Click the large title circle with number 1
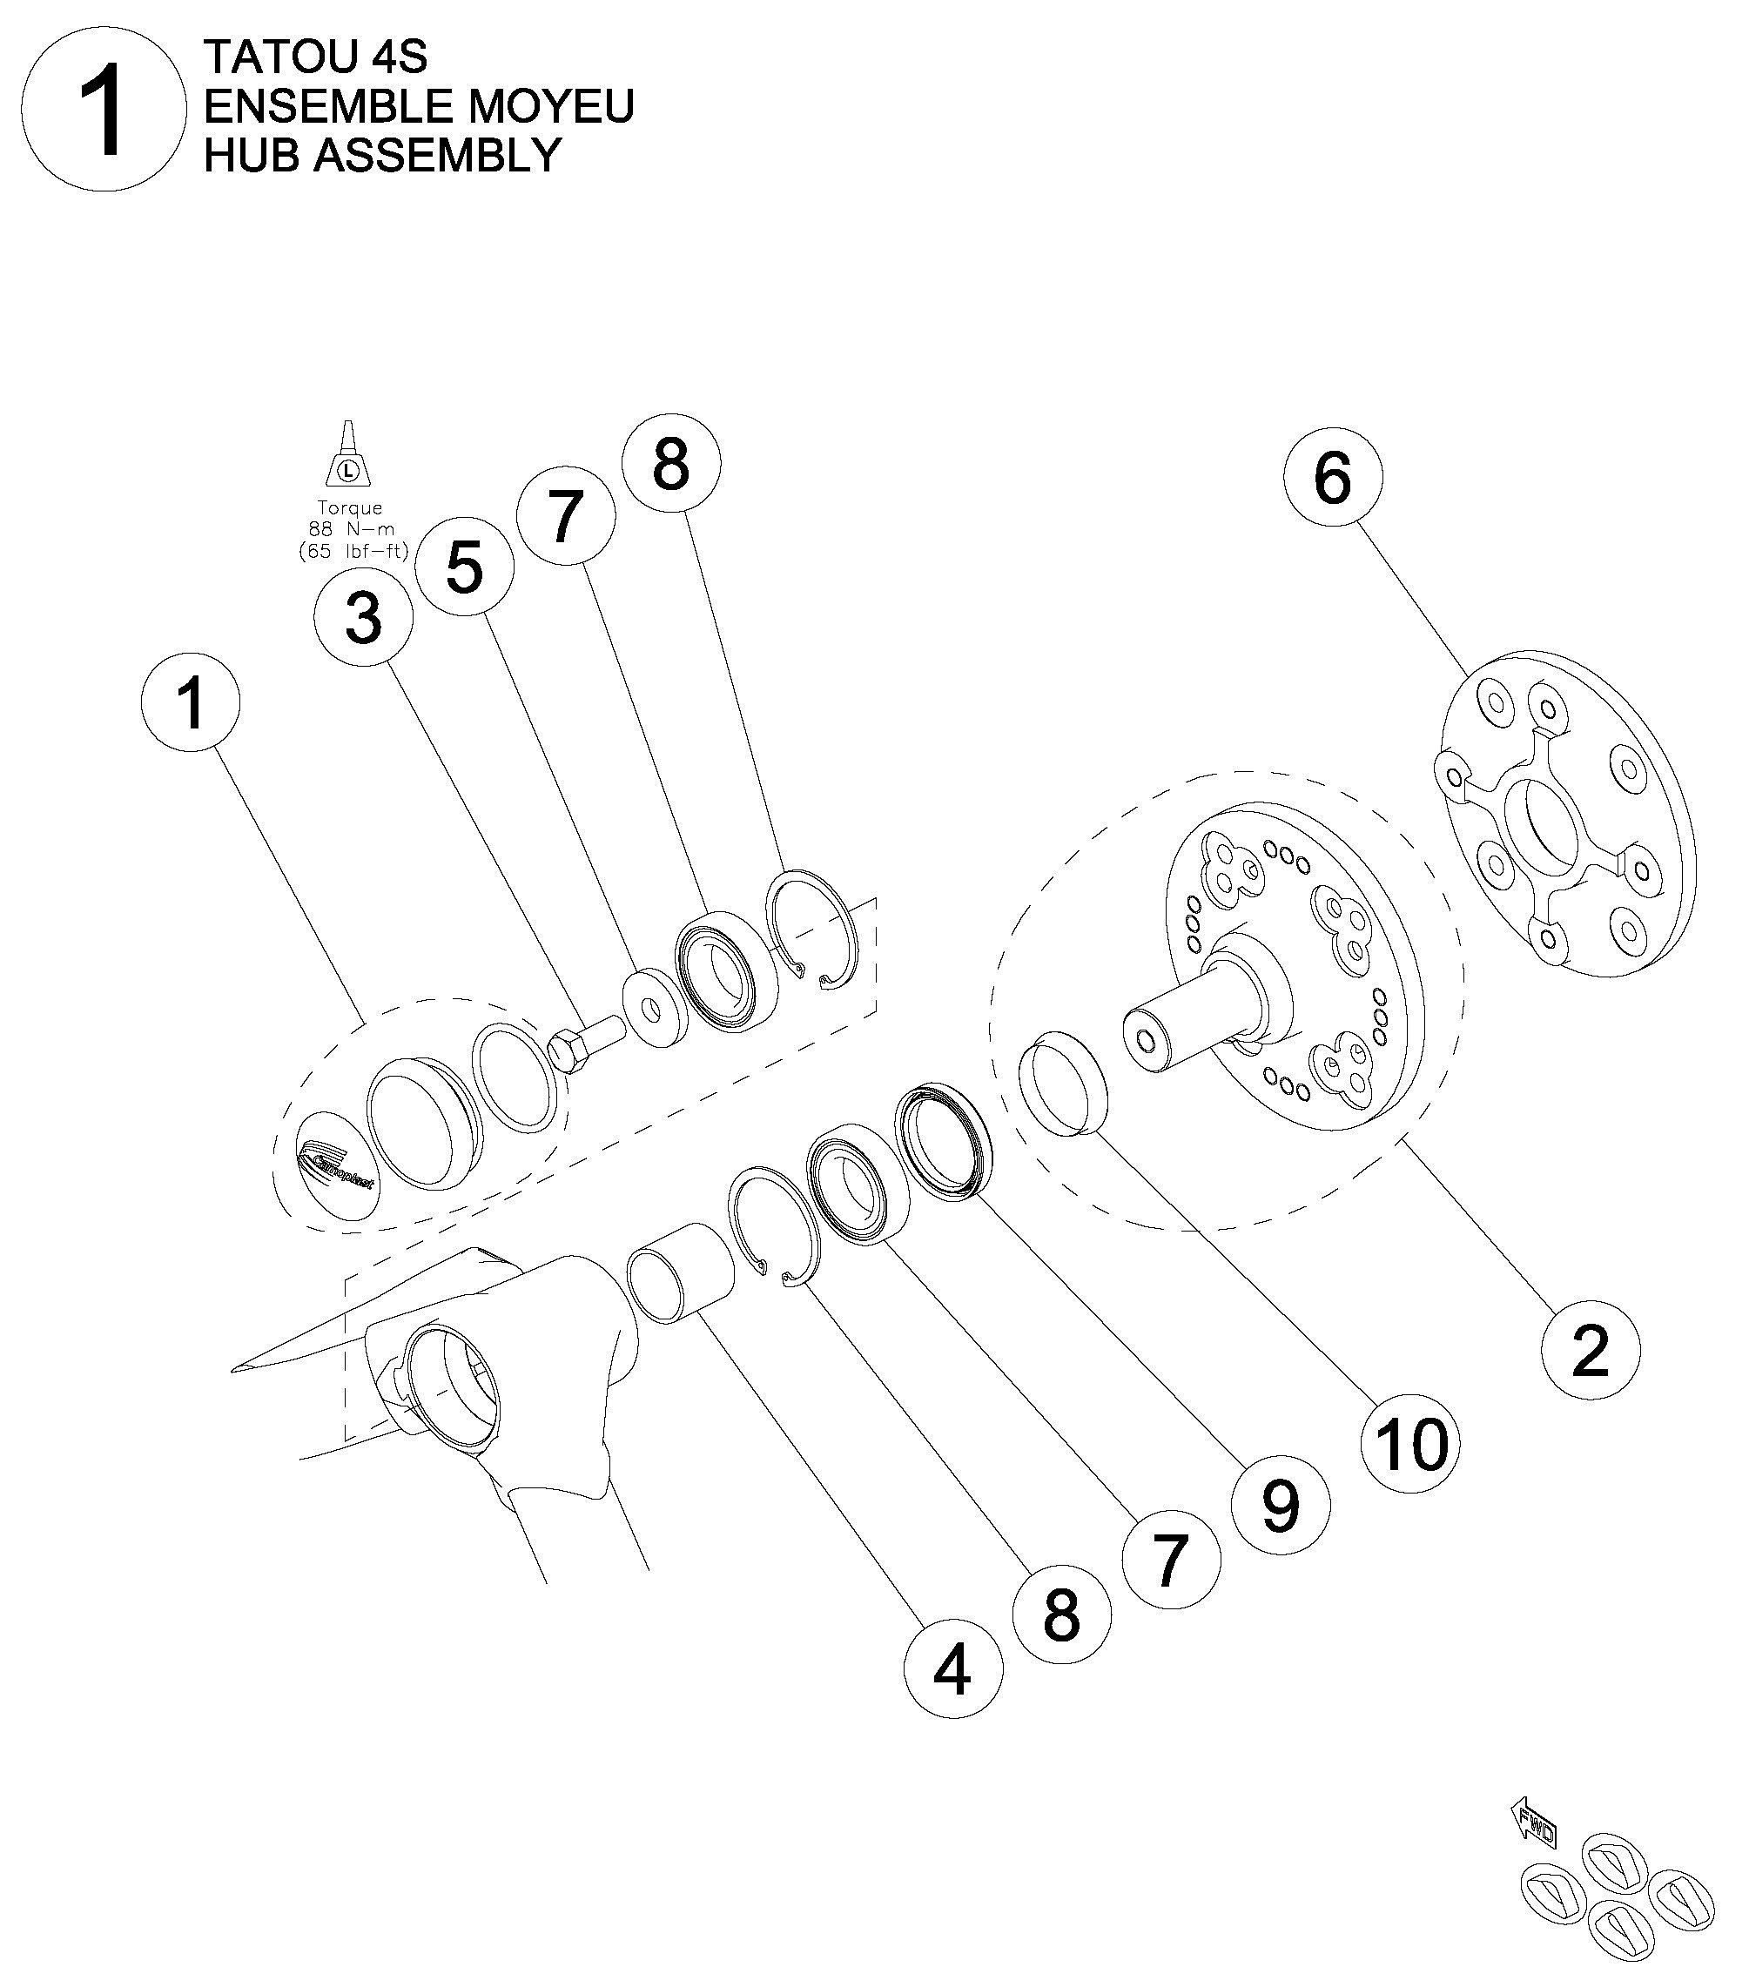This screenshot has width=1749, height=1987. (103, 108)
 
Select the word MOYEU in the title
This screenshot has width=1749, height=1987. (550, 106)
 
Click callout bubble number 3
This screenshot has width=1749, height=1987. (364, 616)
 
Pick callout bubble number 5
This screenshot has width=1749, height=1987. (464, 567)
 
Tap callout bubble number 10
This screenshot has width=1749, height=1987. (1409, 1444)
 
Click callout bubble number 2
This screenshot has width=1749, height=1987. (1590, 1350)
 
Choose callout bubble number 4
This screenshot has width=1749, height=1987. (952, 1670)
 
